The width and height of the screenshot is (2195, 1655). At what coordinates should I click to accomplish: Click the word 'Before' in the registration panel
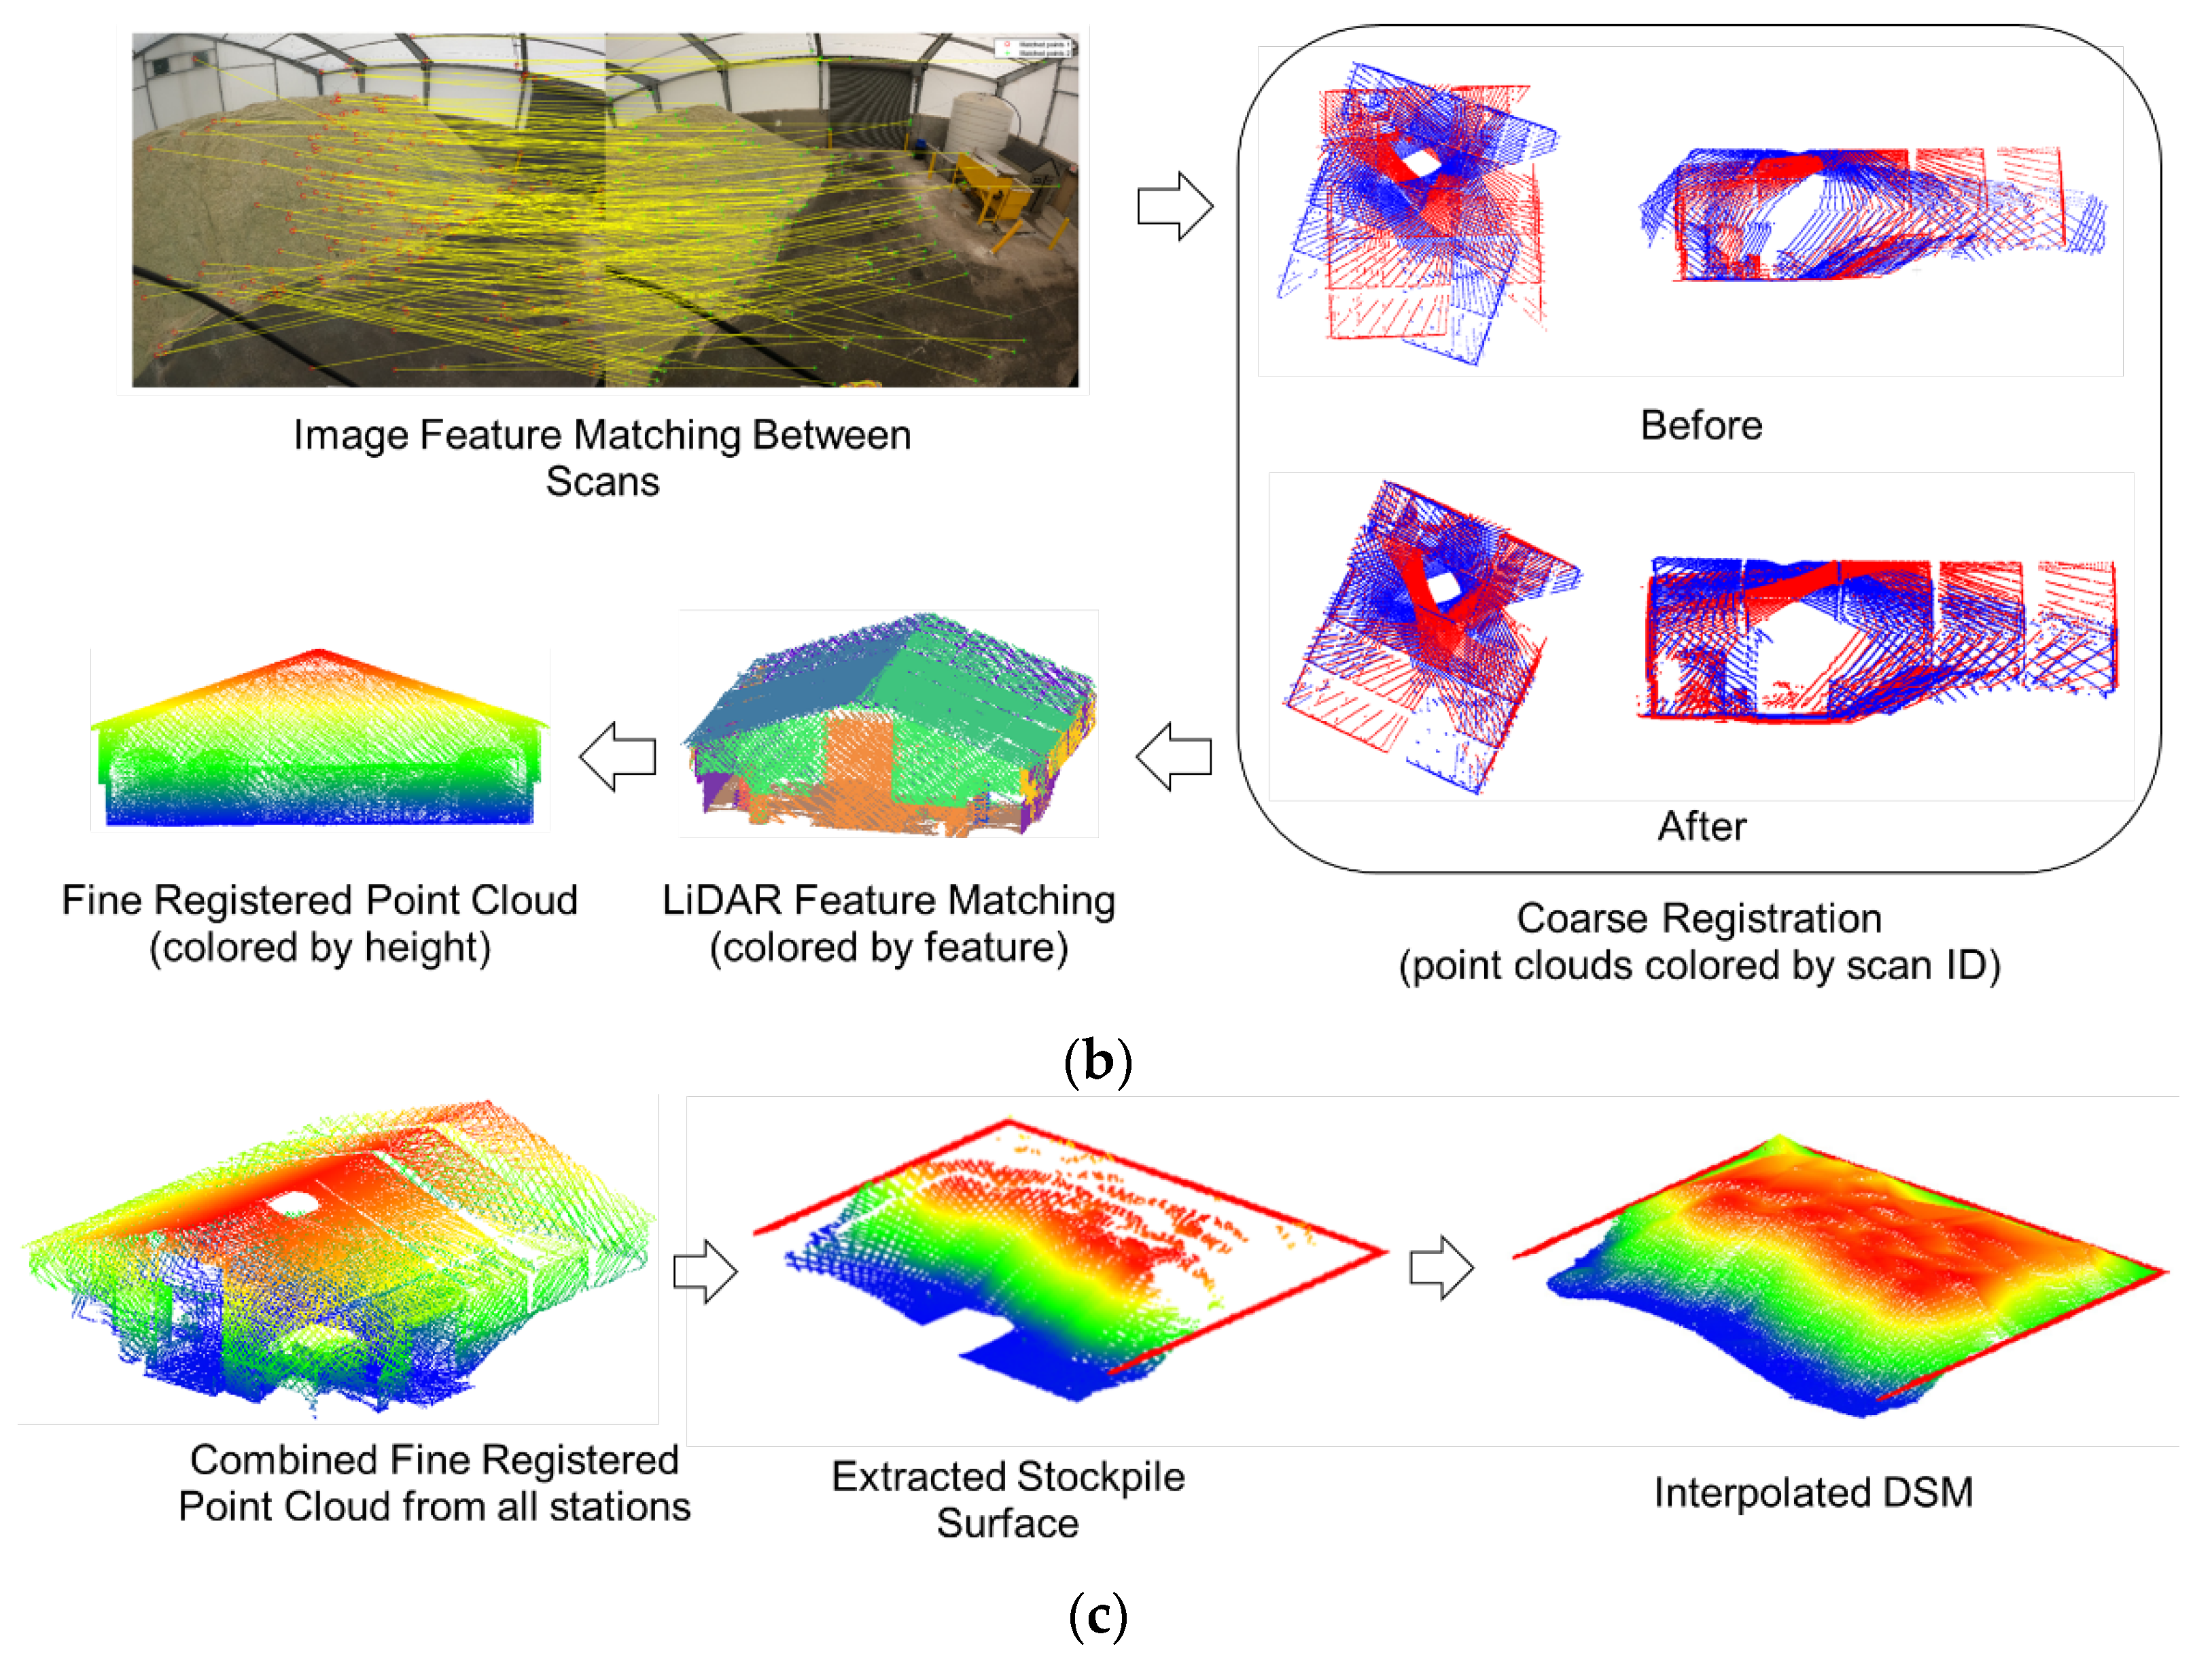1701,425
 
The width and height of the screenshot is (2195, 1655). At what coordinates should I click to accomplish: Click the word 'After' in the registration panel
1702,826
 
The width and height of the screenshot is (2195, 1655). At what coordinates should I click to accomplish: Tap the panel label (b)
1097,1062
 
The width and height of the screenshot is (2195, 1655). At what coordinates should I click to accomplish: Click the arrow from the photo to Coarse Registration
1175,207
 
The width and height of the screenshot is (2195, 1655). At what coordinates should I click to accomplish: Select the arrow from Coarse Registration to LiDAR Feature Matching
1174,757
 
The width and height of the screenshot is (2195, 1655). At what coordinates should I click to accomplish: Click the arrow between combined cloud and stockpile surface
705,1271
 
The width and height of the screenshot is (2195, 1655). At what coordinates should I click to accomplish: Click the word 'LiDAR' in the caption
722,901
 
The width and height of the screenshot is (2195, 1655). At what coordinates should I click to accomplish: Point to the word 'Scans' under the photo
602,482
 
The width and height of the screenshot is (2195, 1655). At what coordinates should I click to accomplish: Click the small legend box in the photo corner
1033,48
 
